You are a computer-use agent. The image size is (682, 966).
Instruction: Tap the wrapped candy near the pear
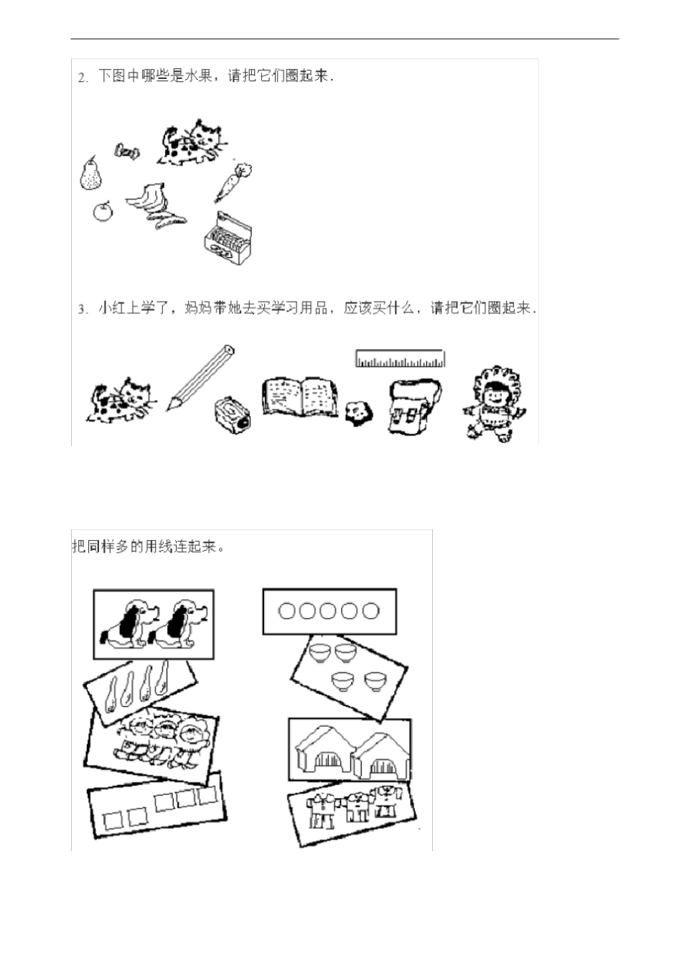coord(126,152)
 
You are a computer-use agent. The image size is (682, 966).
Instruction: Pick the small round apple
coord(104,211)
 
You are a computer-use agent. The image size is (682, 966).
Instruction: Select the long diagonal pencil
coord(200,377)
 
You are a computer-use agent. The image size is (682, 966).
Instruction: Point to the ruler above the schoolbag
coord(400,358)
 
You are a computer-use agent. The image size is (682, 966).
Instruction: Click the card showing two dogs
coord(154,623)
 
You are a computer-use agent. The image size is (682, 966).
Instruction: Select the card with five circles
coord(329,611)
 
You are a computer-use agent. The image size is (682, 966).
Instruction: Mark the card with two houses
coord(350,748)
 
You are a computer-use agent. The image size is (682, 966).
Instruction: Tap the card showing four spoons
coord(140,687)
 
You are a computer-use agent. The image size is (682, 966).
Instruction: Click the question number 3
coord(83,309)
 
